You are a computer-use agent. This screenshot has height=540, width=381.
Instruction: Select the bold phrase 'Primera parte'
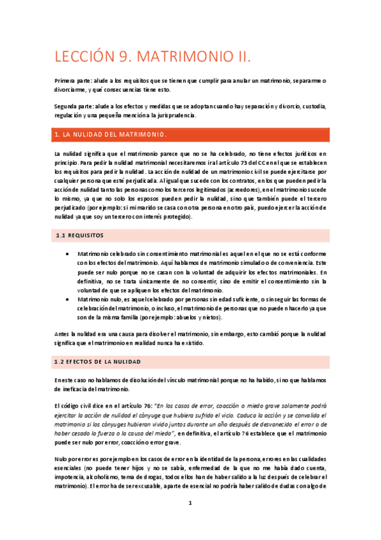click(73, 81)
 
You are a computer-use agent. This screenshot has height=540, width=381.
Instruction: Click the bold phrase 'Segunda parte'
click(73, 106)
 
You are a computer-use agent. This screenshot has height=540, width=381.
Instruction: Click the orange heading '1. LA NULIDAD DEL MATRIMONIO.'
click(111, 135)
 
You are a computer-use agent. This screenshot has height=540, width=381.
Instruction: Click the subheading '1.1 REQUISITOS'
click(79, 236)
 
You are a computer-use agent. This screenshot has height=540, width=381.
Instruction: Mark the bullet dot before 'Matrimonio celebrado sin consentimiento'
click(68, 253)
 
